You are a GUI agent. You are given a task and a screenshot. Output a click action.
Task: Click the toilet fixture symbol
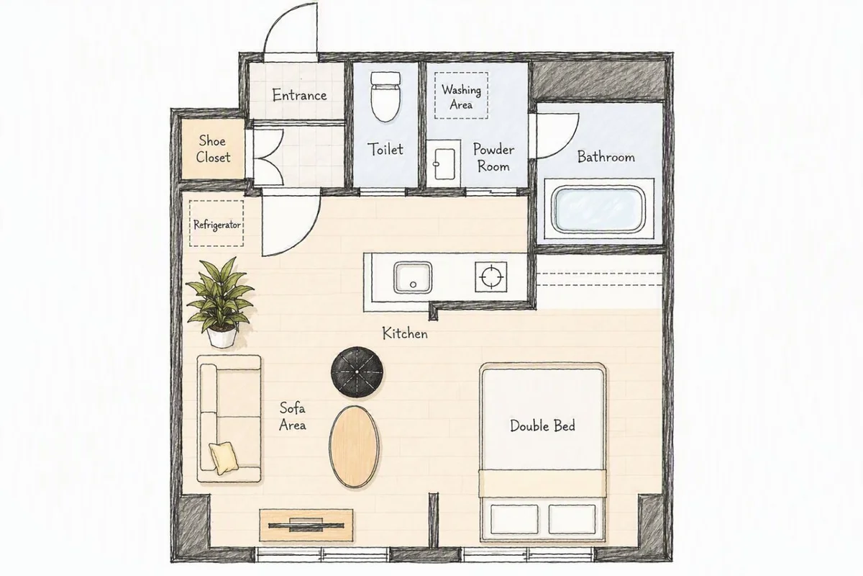(x=385, y=96)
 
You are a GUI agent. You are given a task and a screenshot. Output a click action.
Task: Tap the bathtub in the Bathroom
(x=599, y=210)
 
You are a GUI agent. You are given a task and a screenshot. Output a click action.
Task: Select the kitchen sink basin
(x=413, y=277)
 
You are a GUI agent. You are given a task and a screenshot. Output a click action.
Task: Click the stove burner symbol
(x=490, y=276)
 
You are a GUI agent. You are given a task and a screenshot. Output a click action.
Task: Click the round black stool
(x=357, y=372)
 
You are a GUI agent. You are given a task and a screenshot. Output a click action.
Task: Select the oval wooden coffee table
(x=354, y=446)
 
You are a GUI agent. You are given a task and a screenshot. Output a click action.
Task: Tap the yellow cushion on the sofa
(x=224, y=457)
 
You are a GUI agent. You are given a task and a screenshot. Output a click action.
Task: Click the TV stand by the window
(x=306, y=525)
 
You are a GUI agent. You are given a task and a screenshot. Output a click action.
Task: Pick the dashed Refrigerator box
(x=216, y=223)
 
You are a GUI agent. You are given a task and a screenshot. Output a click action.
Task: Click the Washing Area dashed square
(x=461, y=96)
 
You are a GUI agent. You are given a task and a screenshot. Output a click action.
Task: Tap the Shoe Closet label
(x=213, y=149)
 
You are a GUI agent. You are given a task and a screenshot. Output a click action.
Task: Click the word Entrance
(x=299, y=95)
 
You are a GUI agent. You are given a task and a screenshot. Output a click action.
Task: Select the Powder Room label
(x=493, y=158)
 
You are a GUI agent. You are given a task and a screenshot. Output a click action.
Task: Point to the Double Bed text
(x=542, y=426)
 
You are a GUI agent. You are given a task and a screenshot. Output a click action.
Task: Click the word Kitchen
(x=405, y=333)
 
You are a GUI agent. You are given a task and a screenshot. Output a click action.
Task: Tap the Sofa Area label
(x=293, y=416)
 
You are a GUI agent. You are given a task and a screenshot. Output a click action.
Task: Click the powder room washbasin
(x=444, y=163)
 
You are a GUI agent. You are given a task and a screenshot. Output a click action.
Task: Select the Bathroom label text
(x=606, y=157)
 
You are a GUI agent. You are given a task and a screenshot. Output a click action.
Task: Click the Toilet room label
(x=385, y=149)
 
